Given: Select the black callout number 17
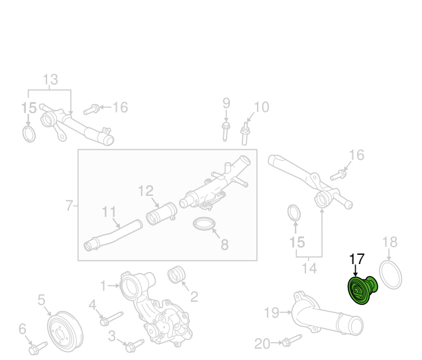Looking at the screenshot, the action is [x=356, y=259].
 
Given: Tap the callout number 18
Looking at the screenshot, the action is [x=390, y=242].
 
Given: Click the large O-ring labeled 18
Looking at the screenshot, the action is [x=390, y=275].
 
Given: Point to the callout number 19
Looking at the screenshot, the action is [x=272, y=312].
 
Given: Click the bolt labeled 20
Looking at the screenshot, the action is [x=292, y=340].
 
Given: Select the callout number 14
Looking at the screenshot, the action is [x=309, y=268].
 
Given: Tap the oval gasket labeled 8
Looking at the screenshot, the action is [x=205, y=224].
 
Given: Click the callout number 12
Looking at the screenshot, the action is [x=146, y=191].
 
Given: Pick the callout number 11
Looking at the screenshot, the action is [x=109, y=212].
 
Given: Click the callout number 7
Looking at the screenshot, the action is [x=69, y=206].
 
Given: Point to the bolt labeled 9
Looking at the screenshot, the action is [x=226, y=132].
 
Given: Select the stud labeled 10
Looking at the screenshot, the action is [x=244, y=134].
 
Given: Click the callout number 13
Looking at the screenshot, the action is [x=50, y=79].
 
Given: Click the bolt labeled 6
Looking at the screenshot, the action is [x=38, y=348].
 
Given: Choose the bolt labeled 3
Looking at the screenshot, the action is [x=134, y=345].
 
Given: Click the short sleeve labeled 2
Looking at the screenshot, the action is [x=176, y=275].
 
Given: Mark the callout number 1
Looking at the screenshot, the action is [x=103, y=286].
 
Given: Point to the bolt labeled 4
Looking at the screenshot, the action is [x=111, y=318].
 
